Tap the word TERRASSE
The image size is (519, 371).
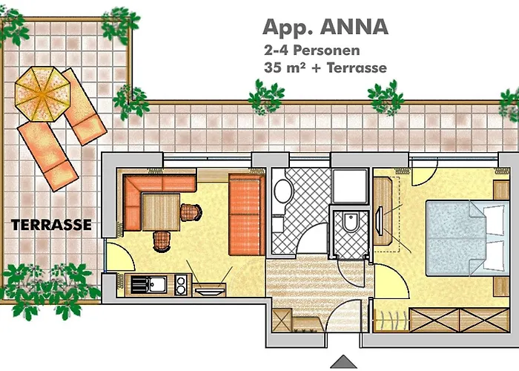[x=51, y=224]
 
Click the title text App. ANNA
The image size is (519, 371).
[x=325, y=27]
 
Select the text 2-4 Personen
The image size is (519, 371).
[x=311, y=51]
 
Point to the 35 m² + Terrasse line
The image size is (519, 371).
[x=324, y=68]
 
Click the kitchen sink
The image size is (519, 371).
[x=157, y=283]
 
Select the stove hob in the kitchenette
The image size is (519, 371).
[x=180, y=283]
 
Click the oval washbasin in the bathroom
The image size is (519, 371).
[x=283, y=191]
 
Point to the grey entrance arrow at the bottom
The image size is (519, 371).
[x=343, y=362]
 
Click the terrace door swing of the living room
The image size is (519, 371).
[x=119, y=256]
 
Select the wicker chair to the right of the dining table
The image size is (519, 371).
[x=191, y=212]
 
